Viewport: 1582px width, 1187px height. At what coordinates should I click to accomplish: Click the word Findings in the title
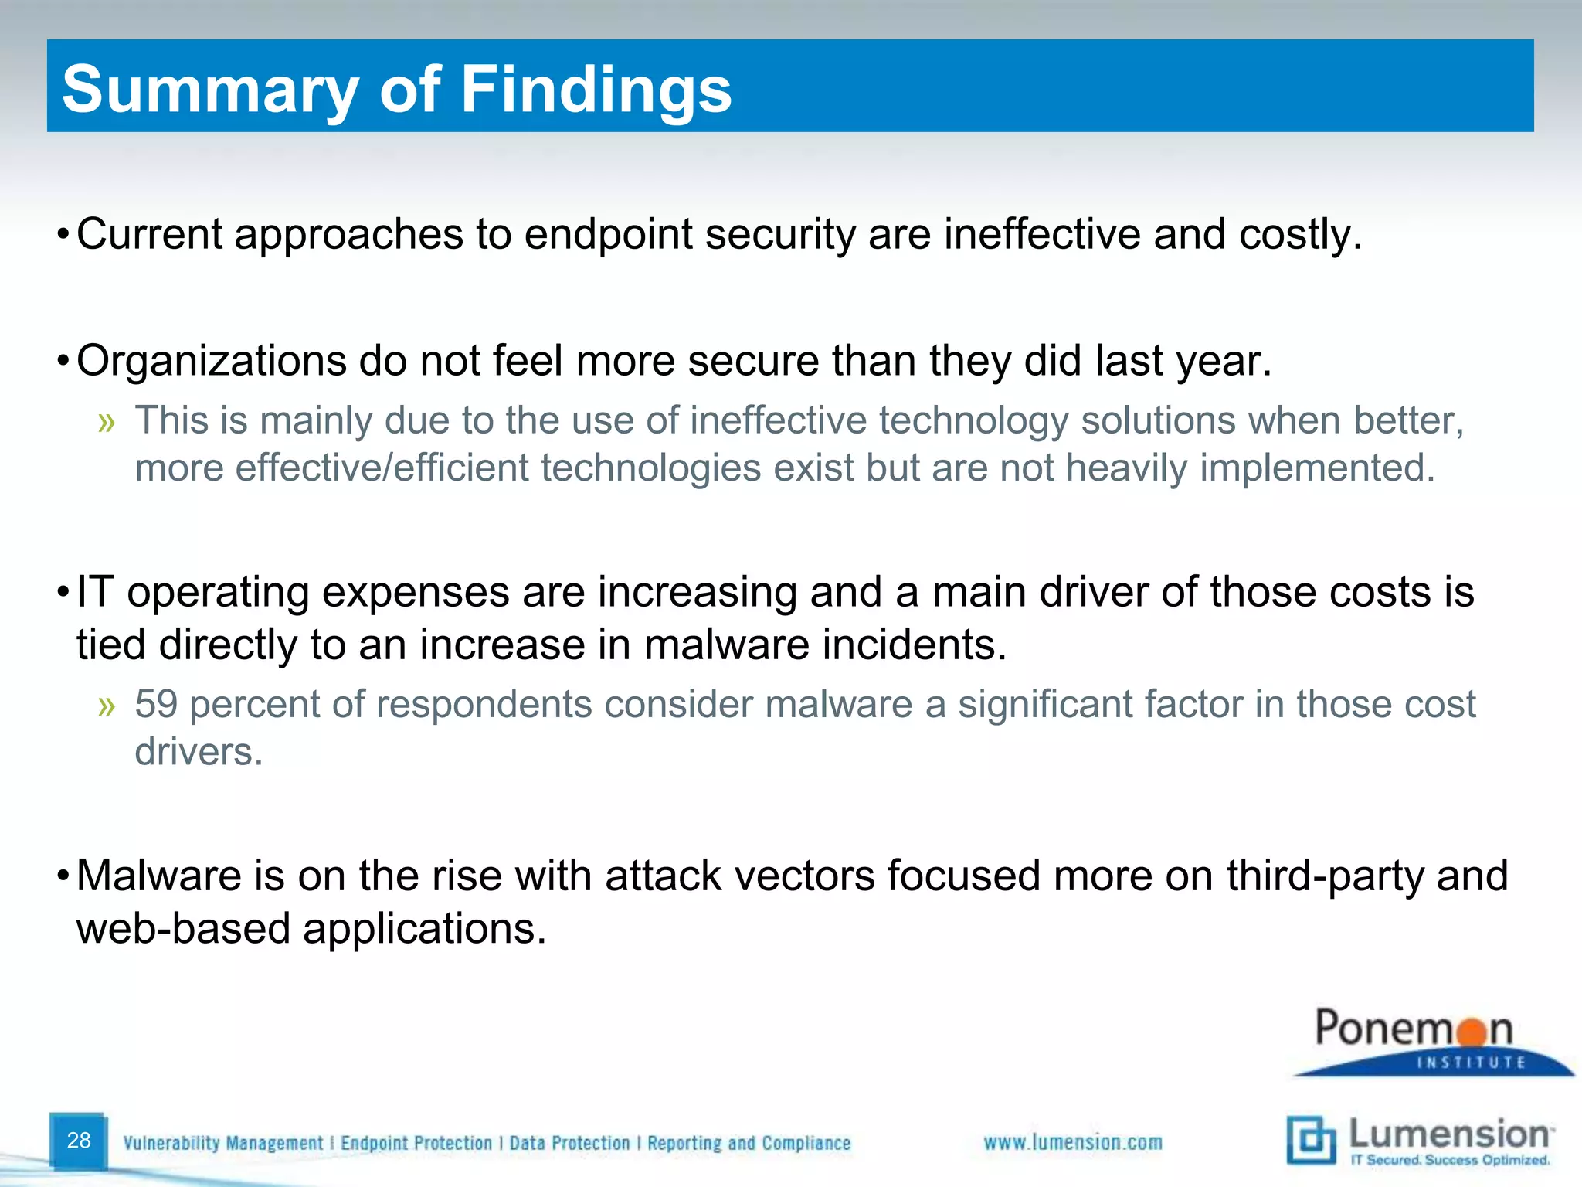(596, 90)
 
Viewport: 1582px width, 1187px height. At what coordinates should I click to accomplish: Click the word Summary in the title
(209, 90)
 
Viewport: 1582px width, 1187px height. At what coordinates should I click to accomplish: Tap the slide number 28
(79, 1140)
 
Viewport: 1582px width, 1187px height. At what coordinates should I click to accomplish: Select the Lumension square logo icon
(1310, 1139)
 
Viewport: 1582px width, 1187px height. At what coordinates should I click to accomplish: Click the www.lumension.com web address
(1072, 1142)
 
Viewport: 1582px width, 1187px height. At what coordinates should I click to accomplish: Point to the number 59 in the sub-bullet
(156, 704)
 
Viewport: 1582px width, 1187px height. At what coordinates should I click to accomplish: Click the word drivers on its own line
(198, 752)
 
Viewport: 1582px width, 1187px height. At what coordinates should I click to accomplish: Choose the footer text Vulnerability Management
(222, 1143)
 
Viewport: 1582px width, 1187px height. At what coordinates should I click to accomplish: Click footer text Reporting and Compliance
(749, 1143)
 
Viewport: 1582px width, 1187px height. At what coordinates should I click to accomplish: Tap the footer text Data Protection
(569, 1143)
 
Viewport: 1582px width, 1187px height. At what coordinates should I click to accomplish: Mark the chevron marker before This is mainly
(107, 422)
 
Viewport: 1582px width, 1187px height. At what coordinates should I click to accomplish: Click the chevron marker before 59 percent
(107, 706)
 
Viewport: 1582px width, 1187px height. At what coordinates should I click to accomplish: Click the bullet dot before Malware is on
(63, 876)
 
